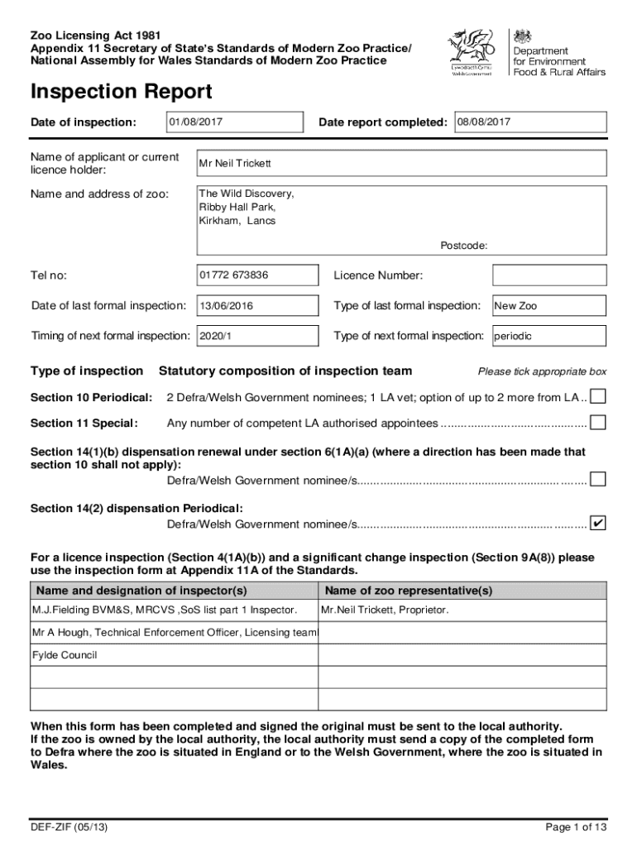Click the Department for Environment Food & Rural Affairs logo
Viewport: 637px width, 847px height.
tap(558, 53)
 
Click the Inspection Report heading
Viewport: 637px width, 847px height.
tap(121, 92)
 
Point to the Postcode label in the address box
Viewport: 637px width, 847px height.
tap(463, 246)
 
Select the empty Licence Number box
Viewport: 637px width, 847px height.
tap(548, 275)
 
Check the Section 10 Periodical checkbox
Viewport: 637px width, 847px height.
tap(597, 398)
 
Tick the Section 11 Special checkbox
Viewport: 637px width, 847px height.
tap(597, 423)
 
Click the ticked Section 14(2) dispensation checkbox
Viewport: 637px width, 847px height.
tap(597, 524)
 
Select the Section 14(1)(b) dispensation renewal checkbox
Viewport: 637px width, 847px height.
tap(597, 480)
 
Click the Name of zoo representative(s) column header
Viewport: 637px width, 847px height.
tap(409, 591)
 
